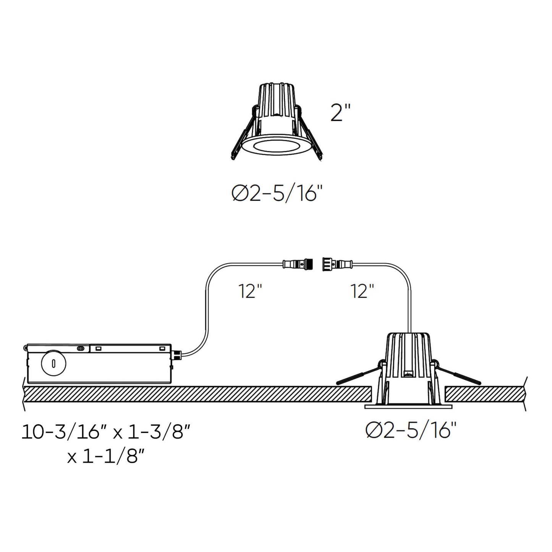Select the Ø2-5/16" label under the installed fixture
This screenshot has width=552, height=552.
pyautogui.click(x=411, y=431)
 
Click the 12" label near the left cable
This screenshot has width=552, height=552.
pyautogui.click(x=250, y=291)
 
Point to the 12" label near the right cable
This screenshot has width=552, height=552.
pyautogui.click(x=362, y=291)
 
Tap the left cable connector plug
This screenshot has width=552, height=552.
pyautogui.click(x=298, y=264)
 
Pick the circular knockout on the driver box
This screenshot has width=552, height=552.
pyautogui.click(x=53, y=363)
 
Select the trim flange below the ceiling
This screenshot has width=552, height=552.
pyautogui.click(x=408, y=406)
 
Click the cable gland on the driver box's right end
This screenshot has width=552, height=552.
pyautogui.click(x=176, y=355)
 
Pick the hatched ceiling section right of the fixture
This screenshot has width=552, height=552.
pyautogui.click(x=485, y=394)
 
